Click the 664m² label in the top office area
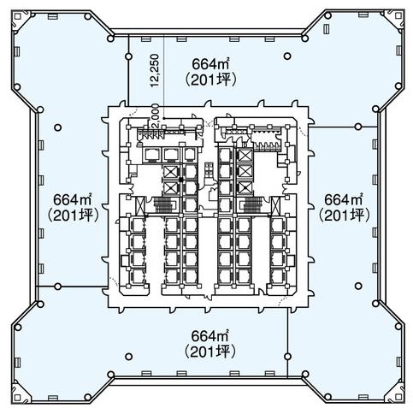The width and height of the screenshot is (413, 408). tap(210, 64)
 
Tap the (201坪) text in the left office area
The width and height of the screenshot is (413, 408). tap(74, 216)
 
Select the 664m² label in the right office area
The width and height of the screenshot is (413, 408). tap(344, 199)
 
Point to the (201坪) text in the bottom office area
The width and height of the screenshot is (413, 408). tap(210, 352)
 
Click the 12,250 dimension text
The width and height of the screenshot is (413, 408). tap(156, 70)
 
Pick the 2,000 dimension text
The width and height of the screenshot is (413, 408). tap(156, 117)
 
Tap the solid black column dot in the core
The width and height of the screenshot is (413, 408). tap(180, 180)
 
